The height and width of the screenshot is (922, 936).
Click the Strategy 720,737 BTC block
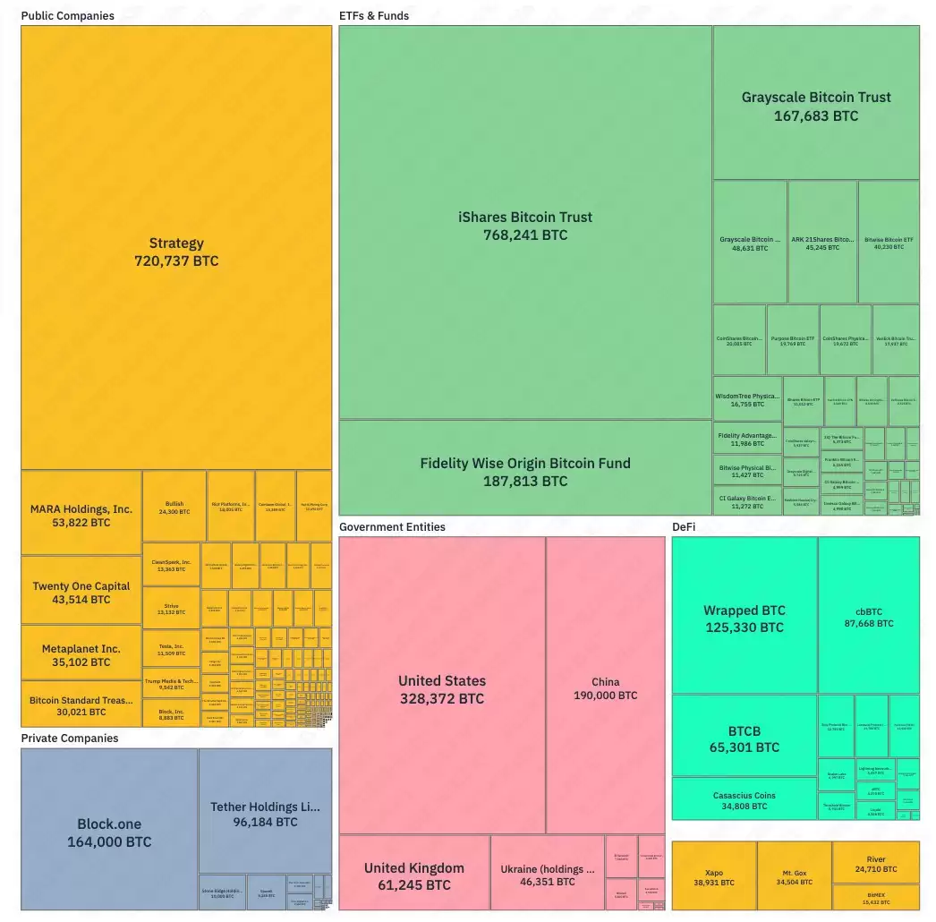(x=176, y=252)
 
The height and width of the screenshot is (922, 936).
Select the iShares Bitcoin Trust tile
(x=525, y=226)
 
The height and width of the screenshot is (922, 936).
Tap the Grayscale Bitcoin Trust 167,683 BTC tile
(x=816, y=106)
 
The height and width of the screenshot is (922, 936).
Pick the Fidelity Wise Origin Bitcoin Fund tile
(x=525, y=471)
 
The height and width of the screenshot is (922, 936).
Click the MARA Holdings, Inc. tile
(x=81, y=515)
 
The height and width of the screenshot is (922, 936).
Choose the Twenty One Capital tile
(x=81, y=592)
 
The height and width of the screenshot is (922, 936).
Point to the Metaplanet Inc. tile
(x=81, y=655)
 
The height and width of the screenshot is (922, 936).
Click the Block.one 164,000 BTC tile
(x=109, y=832)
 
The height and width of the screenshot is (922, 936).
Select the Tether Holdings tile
(x=265, y=813)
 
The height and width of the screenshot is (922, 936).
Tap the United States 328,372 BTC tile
(x=442, y=688)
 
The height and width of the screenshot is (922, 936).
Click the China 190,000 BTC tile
(x=605, y=687)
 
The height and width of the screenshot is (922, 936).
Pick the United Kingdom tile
(x=414, y=875)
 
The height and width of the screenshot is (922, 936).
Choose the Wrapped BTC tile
(x=745, y=618)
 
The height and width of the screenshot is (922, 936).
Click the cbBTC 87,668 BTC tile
(x=868, y=617)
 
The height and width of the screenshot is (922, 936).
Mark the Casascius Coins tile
(x=745, y=799)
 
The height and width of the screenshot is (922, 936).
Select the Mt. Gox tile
(x=794, y=876)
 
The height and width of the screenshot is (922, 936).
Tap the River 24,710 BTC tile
(x=875, y=864)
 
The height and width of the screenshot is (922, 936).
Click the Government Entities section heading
(x=392, y=527)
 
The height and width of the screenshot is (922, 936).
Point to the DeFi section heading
(x=685, y=527)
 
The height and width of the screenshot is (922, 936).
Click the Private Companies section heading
(x=70, y=738)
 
